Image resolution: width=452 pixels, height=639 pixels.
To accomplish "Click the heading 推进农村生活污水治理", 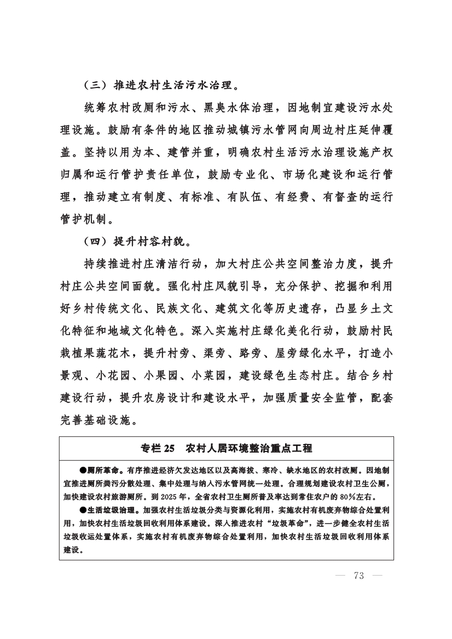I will coord(175,86).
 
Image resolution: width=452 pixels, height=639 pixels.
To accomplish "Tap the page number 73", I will coord(359,575).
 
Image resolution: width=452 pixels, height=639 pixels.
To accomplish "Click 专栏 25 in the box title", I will coord(157,448).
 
